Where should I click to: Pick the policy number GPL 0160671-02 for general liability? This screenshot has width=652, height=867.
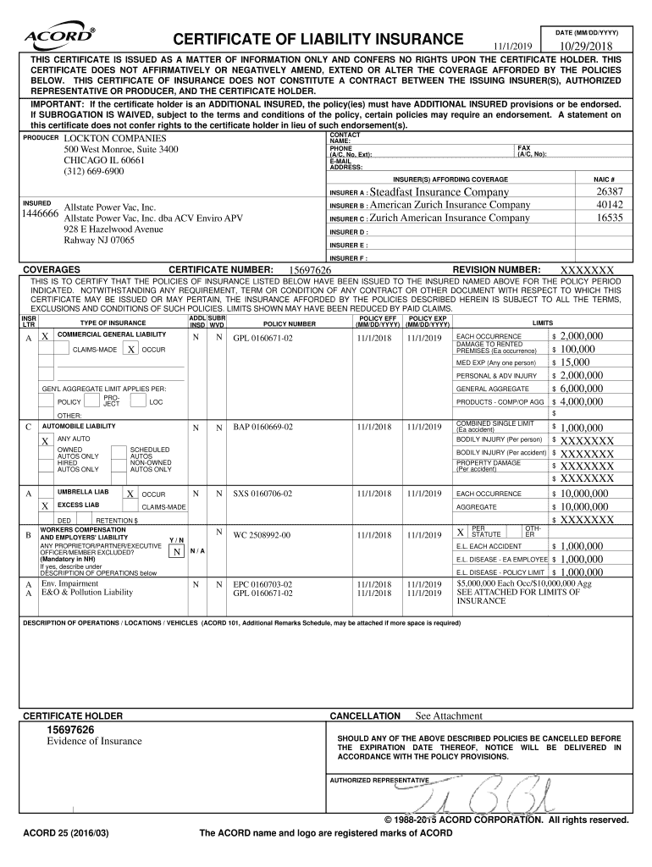pyautogui.click(x=262, y=337)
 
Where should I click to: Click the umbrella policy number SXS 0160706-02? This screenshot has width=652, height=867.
pyautogui.click(x=262, y=493)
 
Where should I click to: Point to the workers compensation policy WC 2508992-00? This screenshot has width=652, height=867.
pyautogui.click(x=262, y=535)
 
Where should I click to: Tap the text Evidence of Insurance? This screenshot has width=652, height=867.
pyautogui.click(x=94, y=742)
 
